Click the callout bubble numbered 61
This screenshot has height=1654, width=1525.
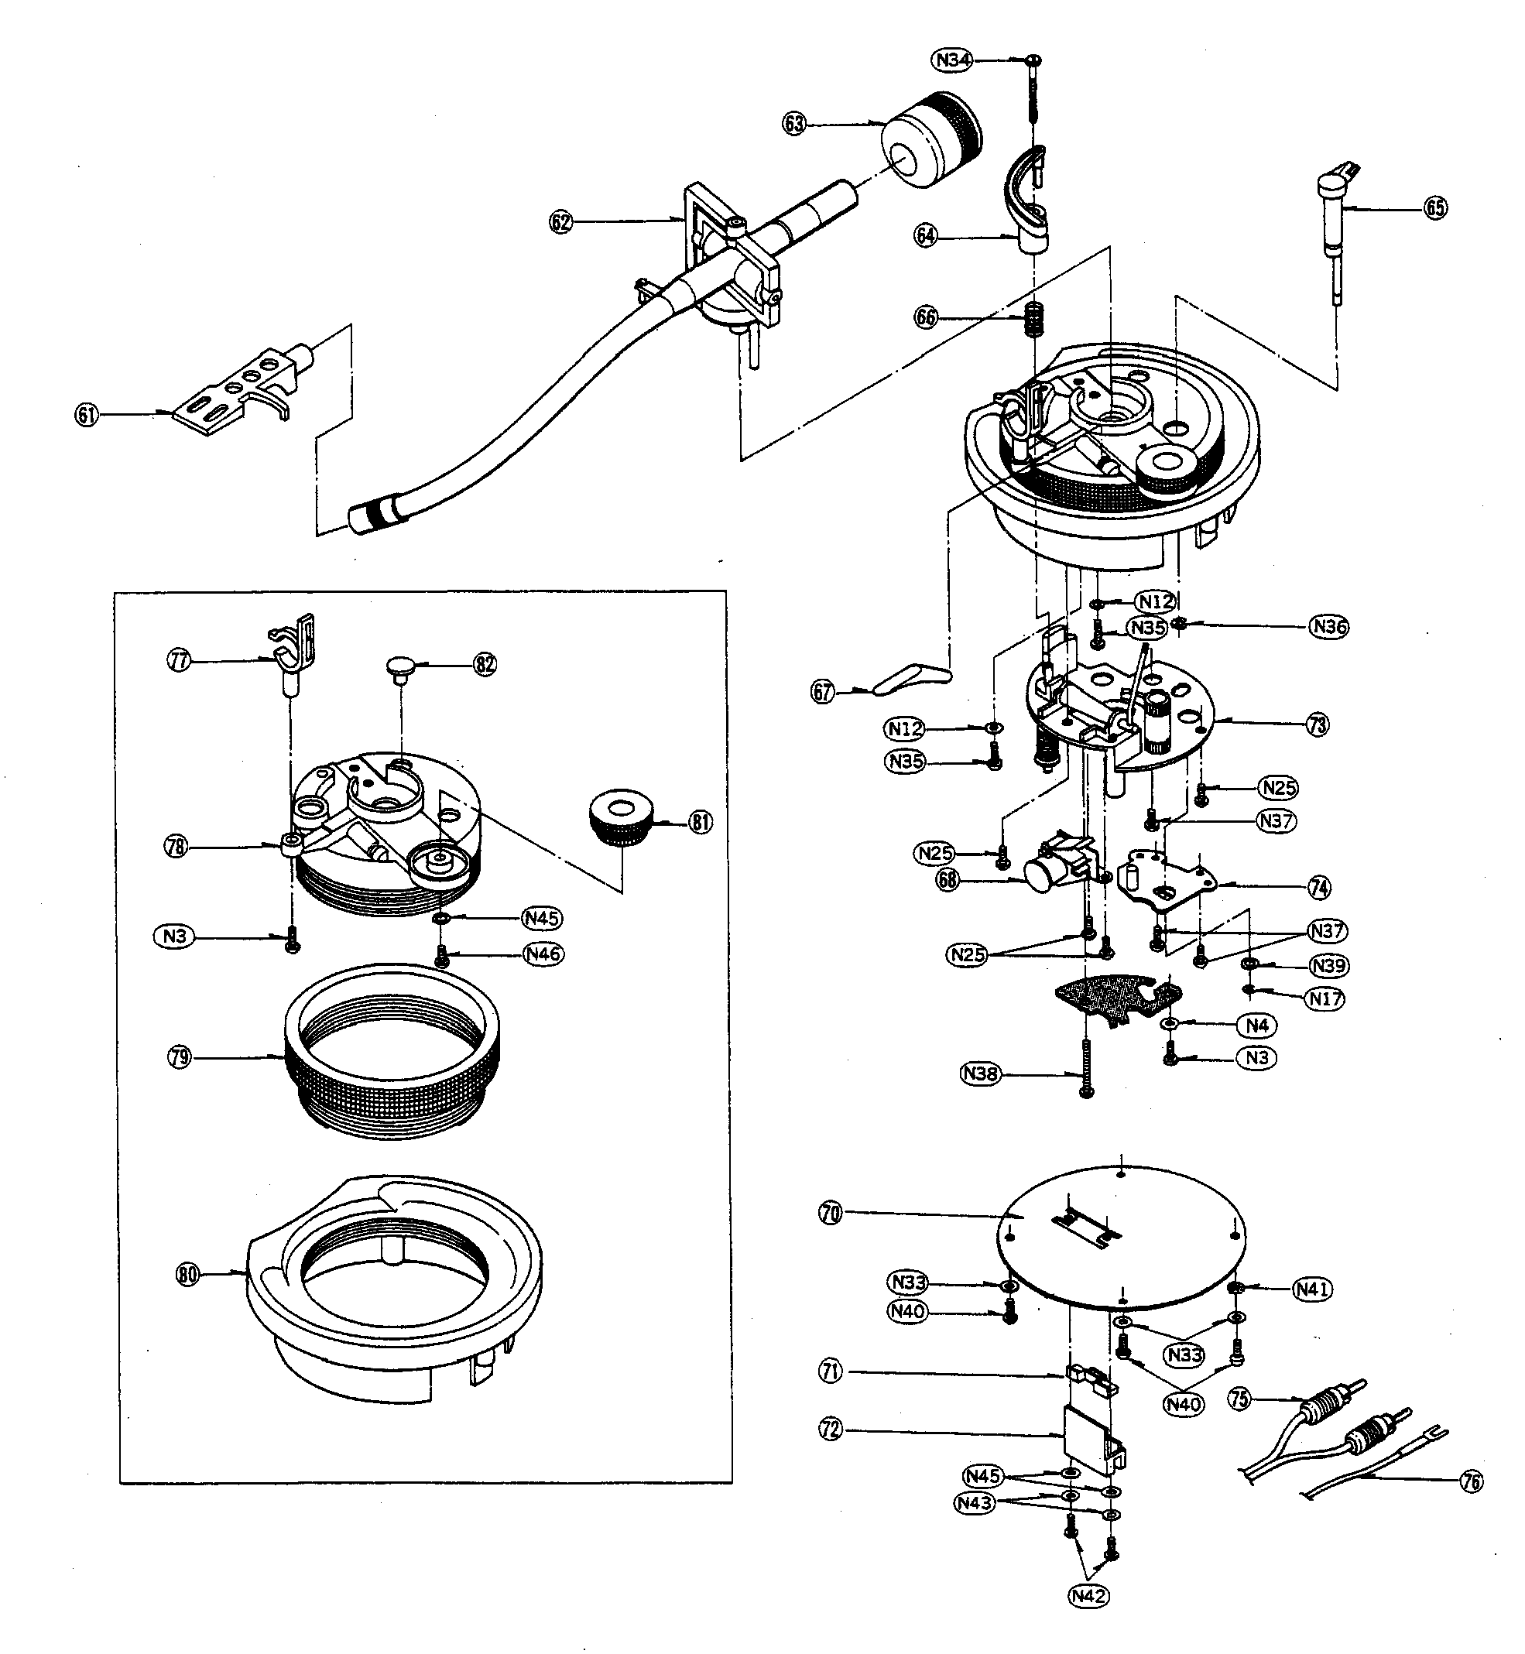(87, 415)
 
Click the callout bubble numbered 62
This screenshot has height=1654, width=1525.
(561, 222)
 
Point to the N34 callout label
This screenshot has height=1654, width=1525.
(952, 60)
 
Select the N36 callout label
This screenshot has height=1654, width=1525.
(1329, 627)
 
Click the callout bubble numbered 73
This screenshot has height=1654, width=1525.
(1318, 724)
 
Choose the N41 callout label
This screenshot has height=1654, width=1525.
(1311, 1289)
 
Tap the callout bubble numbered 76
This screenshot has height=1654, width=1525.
(1471, 1481)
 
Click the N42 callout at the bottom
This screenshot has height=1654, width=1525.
(1088, 1618)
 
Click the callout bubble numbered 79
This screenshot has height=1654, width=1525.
(179, 1056)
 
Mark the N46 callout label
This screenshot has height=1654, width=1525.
(543, 954)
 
